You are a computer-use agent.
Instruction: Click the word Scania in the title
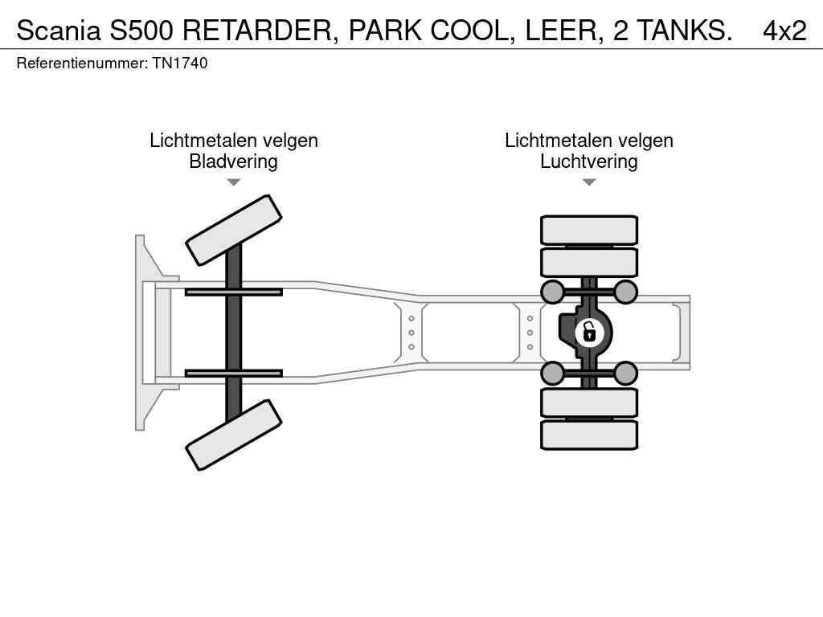point(58,31)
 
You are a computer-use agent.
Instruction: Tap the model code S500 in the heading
point(141,31)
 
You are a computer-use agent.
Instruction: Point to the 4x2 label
point(784,31)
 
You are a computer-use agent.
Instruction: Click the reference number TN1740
point(180,63)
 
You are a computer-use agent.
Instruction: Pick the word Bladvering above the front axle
point(234,161)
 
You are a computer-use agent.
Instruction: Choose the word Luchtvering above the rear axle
point(589,161)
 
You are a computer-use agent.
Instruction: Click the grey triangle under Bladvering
point(234,182)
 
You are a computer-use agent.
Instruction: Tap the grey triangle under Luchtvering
point(589,182)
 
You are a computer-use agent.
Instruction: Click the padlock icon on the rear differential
point(589,333)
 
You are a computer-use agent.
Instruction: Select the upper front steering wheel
point(234,231)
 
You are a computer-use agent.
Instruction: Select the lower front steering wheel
point(234,435)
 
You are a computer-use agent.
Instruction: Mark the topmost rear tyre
point(589,230)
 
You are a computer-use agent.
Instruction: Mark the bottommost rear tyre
point(589,435)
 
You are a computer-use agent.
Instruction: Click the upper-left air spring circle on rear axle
point(552,292)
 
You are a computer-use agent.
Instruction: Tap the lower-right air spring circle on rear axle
point(625,374)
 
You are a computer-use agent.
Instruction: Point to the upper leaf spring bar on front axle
point(234,292)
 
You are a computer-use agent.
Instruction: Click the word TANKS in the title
point(685,31)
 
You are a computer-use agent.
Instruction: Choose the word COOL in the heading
point(470,31)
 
